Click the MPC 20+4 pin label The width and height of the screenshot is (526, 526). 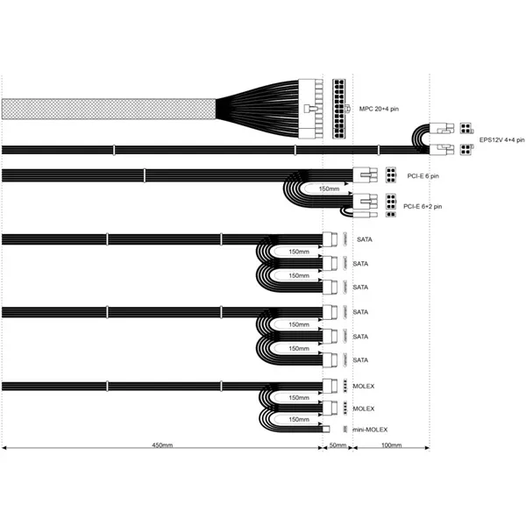click(x=379, y=109)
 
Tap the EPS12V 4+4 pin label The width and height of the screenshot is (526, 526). click(x=501, y=140)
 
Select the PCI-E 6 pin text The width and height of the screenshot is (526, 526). click(x=423, y=176)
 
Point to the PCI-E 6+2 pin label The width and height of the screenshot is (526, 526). click(x=423, y=206)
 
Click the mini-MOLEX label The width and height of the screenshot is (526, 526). click(x=370, y=430)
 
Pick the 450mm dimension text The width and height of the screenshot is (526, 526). click(x=162, y=445)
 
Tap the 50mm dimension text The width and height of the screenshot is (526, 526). click(x=338, y=445)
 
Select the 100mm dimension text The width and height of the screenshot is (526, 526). click(x=392, y=445)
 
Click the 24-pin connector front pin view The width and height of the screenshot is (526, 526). click(x=339, y=109)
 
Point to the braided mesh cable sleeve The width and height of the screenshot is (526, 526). click(x=109, y=109)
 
